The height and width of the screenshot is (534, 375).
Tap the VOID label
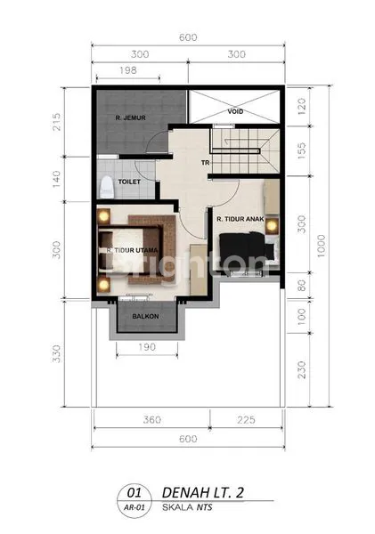pyautogui.click(x=235, y=112)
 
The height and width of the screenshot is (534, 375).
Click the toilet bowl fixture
pyautogui.click(x=106, y=188)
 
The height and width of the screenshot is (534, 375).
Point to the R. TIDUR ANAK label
pyautogui.click(x=238, y=214)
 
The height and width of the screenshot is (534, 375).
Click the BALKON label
pyautogui.click(x=146, y=316)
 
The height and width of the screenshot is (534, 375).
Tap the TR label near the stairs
pyautogui.click(x=205, y=162)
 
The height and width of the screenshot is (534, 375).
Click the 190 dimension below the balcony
pyautogui.click(x=149, y=347)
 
